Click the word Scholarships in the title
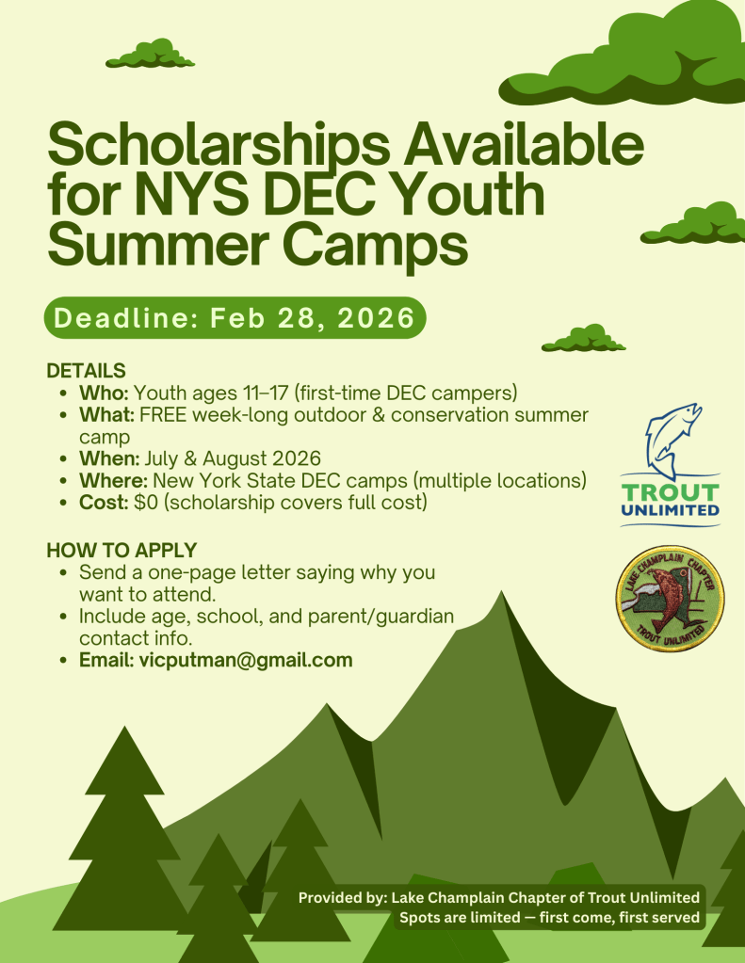tap(219, 146)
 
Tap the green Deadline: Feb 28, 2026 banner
tap(235, 317)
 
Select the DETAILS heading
tap(86, 371)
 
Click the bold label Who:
tap(104, 393)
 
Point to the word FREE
tap(163, 414)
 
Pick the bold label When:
tap(109, 458)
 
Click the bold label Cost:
tap(104, 503)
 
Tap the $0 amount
tap(146, 503)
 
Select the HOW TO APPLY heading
tap(121, 551)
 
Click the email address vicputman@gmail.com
tap(246, 660)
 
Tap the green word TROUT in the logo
tap(670, 492)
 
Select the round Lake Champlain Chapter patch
tap(670, 598)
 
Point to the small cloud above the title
tap(150, 54)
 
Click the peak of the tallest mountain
tap(502, 592)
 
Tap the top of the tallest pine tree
tap(125, 728)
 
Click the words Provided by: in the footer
tap(343, 898)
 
